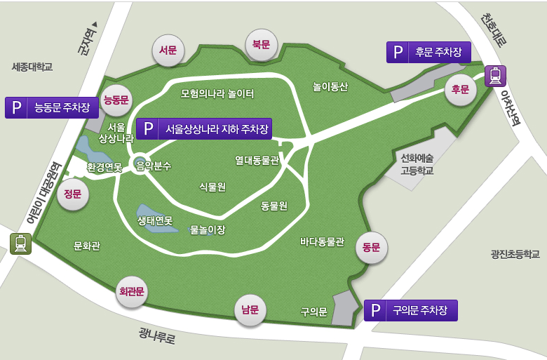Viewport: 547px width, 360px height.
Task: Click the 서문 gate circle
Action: click(x=168, y=51)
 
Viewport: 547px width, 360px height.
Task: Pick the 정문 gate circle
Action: click(x=73, y=194)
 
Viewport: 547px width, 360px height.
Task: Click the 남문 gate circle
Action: click(x=250, y=309)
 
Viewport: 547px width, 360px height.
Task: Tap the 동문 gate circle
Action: click(x=372, y=247)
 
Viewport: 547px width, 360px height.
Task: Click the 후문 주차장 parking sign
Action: click(x=428, y=52)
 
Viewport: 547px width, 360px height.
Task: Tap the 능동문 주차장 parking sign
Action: click(x=52, y=107)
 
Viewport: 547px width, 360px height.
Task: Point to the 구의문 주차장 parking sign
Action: click(x=410, y=310)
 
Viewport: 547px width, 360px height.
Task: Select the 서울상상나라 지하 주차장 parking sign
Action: click(x=204, y=129)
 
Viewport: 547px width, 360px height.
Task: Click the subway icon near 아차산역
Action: click(x=495, y=75)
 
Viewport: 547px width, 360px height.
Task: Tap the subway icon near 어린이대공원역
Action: click(x=20, y=244)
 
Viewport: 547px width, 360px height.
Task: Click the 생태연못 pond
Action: click(x=147, y=213)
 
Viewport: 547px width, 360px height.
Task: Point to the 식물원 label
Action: click(x=212, y=186)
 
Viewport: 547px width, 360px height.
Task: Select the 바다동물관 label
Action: click(x=323, y=242)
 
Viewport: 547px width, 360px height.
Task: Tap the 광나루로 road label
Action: click(x=157, y=336)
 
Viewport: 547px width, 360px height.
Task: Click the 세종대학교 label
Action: click(x=32, y=67)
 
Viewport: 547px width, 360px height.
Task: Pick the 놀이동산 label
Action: click(x=331, y=86)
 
